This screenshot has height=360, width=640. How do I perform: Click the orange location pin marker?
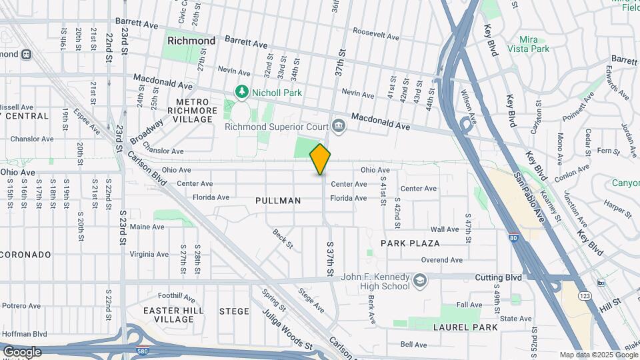pos(320,159)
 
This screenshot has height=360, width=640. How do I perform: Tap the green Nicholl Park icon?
pos(241,91)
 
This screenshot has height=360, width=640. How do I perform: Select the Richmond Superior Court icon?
pos(339,125)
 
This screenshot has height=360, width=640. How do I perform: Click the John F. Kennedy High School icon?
pos(418,279)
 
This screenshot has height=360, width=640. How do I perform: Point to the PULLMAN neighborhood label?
pos(278,200)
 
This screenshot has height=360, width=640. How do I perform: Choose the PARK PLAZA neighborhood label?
pos(410,243)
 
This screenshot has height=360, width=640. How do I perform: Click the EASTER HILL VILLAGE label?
pos(168,315)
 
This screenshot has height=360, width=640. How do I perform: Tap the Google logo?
pos(22,351)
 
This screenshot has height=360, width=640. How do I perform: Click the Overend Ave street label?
pos(441,260)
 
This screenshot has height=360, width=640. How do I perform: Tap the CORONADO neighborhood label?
pos(25,255)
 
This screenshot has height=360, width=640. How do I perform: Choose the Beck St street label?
pos(283,238)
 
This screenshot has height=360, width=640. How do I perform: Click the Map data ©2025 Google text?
pos(598,355)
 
